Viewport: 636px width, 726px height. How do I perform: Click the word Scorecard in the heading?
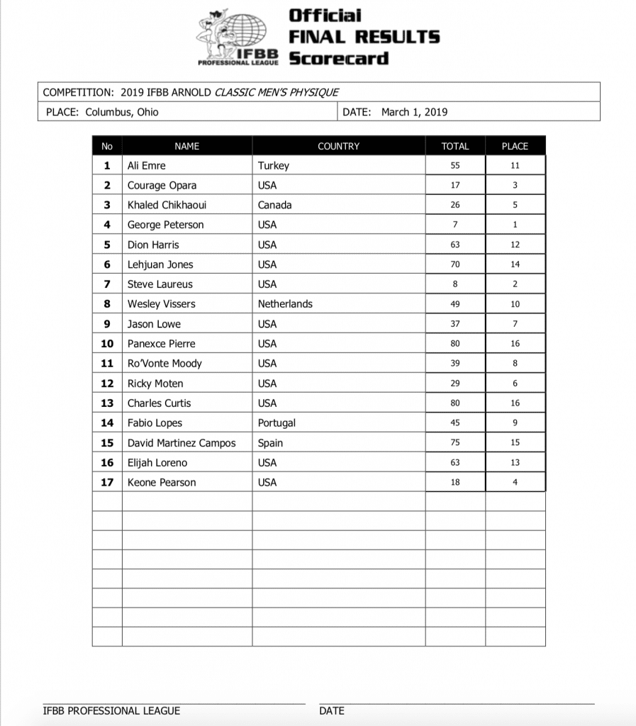coord(338,57)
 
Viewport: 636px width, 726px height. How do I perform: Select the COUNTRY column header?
coord(338,146)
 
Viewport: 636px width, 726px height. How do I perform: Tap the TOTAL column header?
coord(454,146)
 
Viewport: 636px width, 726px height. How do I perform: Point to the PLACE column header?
coord(515,146)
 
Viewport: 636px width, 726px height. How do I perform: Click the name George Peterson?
coord(165,225)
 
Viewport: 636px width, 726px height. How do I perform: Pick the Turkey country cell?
coord(274,166)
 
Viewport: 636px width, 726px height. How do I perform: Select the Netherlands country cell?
coord(285,304)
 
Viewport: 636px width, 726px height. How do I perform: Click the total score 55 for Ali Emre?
coord(454,166)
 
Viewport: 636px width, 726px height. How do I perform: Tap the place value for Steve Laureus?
coord(515,284)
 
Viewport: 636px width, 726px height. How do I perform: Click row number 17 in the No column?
coord(107,482)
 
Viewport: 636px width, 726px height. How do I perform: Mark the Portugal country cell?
coord(277,423)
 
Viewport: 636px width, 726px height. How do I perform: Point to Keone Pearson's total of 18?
coord(454,482)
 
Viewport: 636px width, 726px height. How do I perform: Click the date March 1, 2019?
coord(414,112)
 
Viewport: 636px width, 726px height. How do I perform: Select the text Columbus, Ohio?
coord(122,112)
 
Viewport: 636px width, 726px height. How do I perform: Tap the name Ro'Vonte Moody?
coord(164,363)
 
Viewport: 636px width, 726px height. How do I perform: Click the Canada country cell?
coord(275,205)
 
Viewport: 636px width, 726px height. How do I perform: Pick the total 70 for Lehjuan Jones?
coord(454,264)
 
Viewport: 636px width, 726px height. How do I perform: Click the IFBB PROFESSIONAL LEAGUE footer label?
coord(111,710)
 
